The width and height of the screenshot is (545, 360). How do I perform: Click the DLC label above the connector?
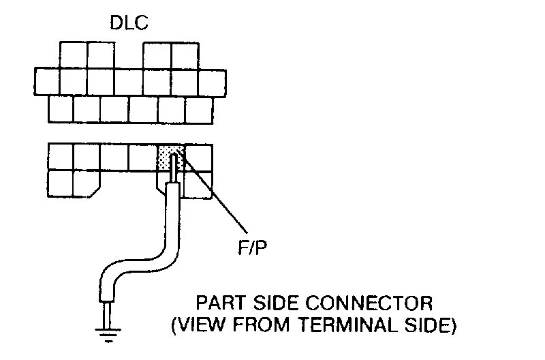point(129,24)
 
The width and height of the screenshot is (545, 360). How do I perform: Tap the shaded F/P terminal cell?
point(170,156)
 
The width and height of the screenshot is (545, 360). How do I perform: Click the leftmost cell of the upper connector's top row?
point(74,55)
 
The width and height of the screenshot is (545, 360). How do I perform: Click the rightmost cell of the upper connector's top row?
point(185,55)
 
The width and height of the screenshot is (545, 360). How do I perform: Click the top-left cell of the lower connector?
point(61,156)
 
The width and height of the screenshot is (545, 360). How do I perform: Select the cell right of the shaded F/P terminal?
point(199,156)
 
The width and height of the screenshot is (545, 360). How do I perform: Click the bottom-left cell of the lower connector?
point(61,183)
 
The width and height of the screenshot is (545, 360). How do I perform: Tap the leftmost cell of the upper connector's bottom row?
point(61,108)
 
